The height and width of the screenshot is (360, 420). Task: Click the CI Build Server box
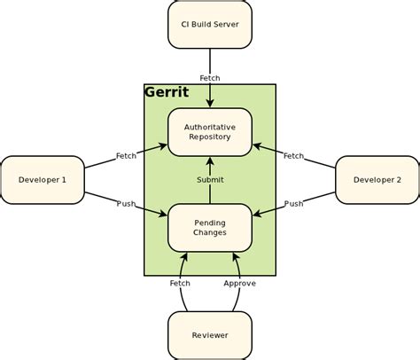point(210,24)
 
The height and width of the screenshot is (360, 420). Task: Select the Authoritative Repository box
point(210,132)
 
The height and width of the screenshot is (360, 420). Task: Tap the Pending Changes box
point(210,227)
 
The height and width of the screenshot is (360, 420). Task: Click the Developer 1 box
point(43,180)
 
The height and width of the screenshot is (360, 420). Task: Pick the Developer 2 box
point(377,180)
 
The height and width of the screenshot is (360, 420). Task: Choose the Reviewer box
point(210,335)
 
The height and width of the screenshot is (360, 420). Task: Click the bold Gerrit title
point(166,92)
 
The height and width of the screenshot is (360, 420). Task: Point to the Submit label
point(210,180)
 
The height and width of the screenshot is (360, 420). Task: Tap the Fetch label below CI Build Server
point(210,78)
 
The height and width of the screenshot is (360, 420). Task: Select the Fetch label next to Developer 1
point(127,156)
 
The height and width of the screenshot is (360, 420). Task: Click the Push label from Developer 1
point(127,204)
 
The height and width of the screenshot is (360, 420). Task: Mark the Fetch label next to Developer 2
point(293,156)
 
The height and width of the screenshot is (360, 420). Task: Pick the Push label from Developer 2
point(293,204)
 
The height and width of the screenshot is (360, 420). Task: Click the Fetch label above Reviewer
point(180,284)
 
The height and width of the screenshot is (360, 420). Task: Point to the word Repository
point(210,137)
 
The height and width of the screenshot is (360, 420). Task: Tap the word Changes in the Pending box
point(210,232)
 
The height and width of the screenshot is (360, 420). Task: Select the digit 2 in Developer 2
point(399,180)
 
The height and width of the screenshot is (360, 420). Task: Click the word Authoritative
point(210,127)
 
